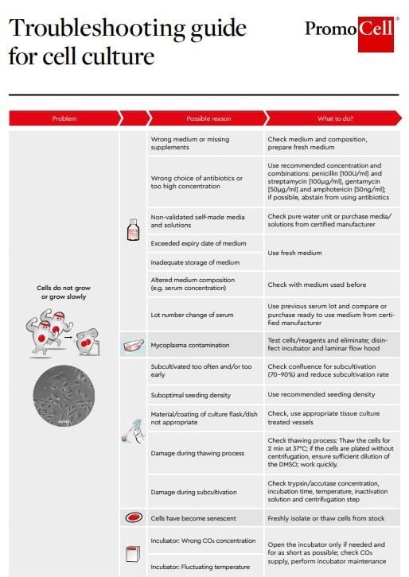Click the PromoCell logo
pos(349,33)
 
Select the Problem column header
pos(64,118)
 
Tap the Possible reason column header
pos(208,118)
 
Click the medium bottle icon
pos(133,230)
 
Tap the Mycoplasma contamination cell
pos(190,345)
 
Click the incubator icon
pos(133,554)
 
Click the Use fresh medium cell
pos(294,253)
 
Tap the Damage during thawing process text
pos(197,452)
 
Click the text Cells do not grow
pos(64,288)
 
